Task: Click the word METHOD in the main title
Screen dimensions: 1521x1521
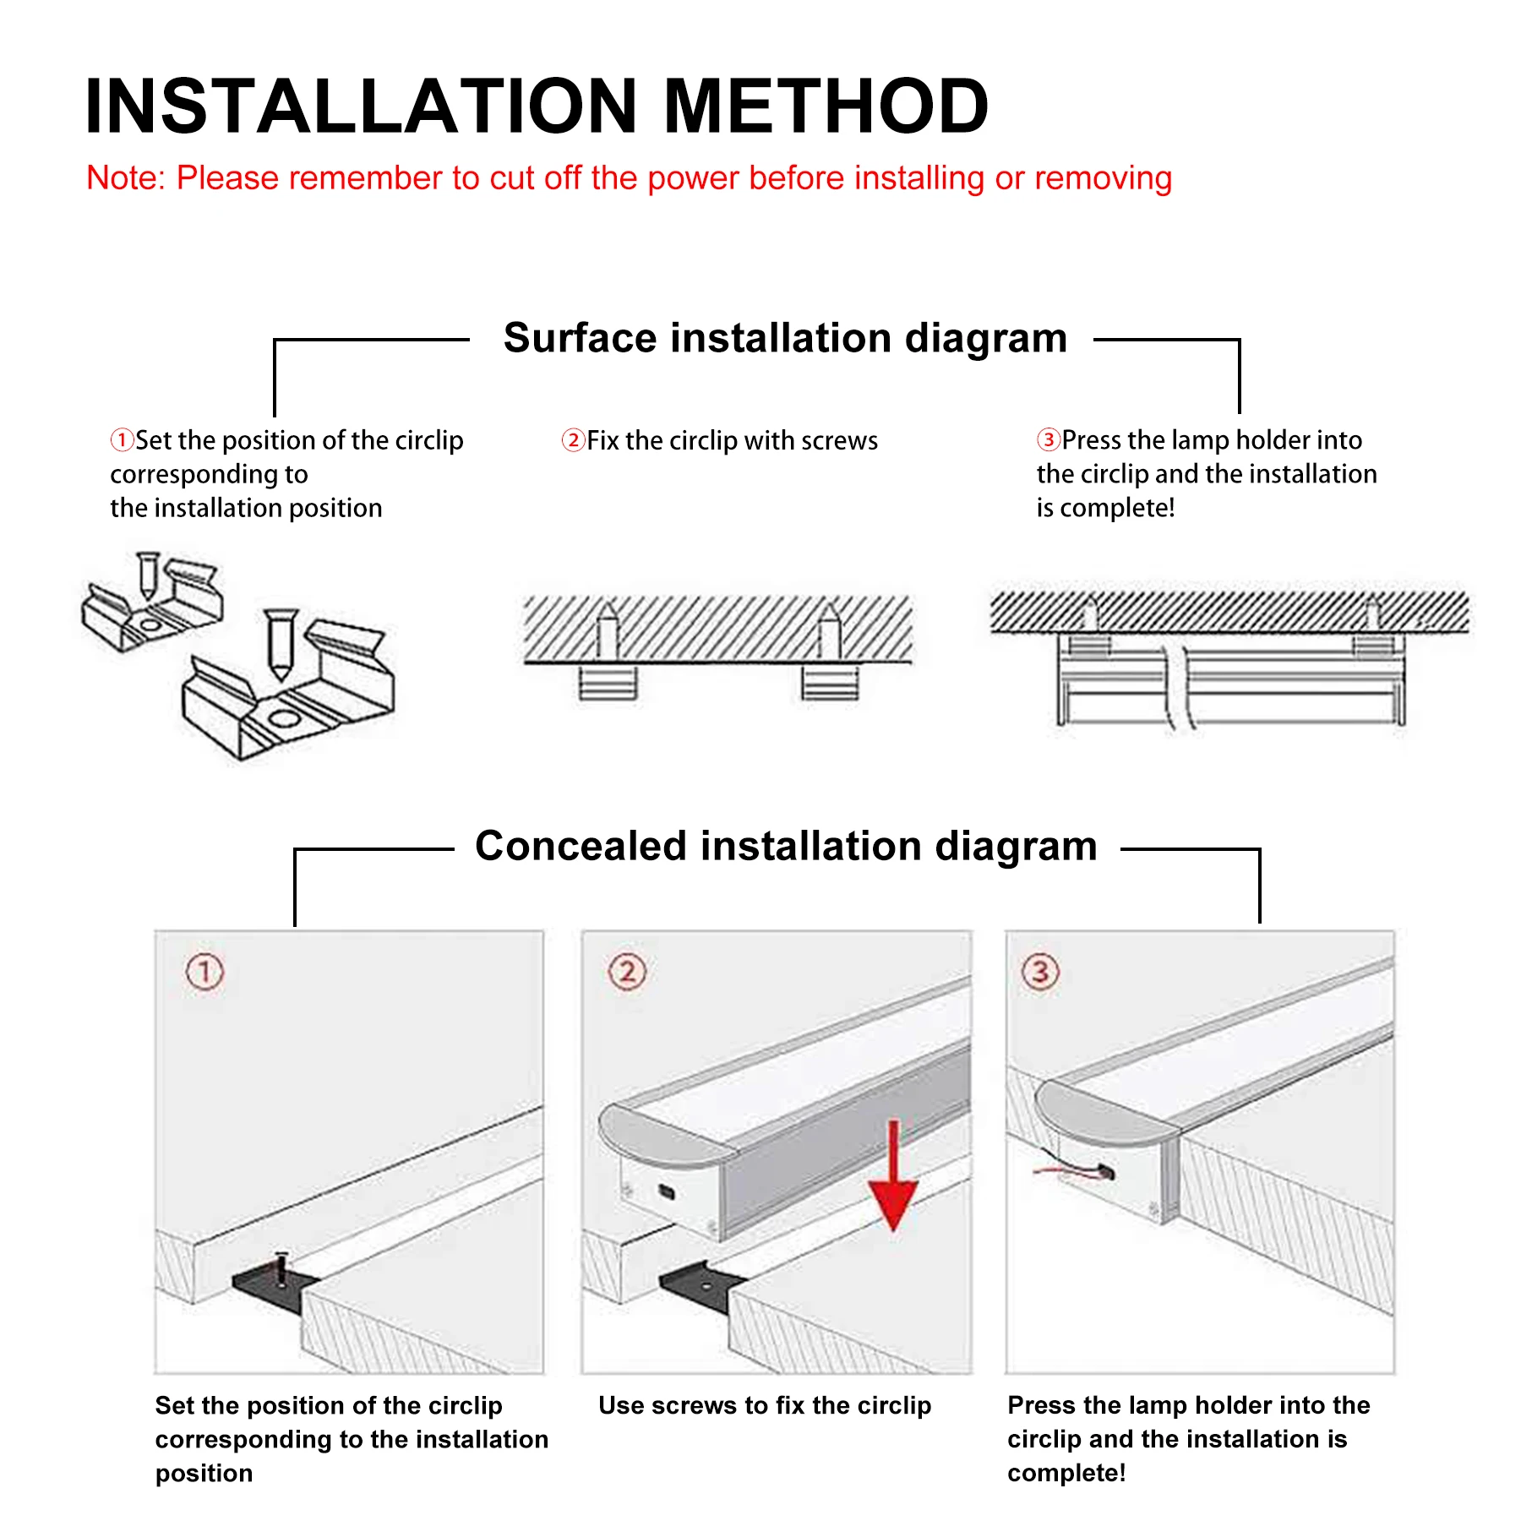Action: point(826,106)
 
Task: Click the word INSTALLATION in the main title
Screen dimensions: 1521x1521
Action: point(361,106)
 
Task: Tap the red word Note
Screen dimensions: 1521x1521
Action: point(123,178)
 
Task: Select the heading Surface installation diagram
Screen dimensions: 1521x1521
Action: point(785,338)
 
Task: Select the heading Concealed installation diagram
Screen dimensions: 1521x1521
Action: point(786,846)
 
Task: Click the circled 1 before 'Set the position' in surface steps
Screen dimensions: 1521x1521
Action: point(122,440)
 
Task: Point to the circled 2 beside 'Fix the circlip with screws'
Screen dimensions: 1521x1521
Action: point(573,440)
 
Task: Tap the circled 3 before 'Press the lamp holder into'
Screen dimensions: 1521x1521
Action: point(1048,439)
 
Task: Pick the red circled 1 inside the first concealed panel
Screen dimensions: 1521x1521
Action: point(204,972)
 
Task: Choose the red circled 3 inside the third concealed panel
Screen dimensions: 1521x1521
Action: point(1040,972)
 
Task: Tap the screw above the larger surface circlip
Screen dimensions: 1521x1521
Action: point(281,643)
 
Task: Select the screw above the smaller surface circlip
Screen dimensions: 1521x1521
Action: point(148,575)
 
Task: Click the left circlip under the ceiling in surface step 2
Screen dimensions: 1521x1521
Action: point(608,683)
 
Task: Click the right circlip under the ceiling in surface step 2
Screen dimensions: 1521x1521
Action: point(830,683)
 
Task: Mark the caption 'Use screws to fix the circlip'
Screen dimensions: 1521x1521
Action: point(765,1405)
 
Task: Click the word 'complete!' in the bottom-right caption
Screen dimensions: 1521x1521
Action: point(1066,1473)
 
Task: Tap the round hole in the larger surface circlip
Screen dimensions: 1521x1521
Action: point(282,719)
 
